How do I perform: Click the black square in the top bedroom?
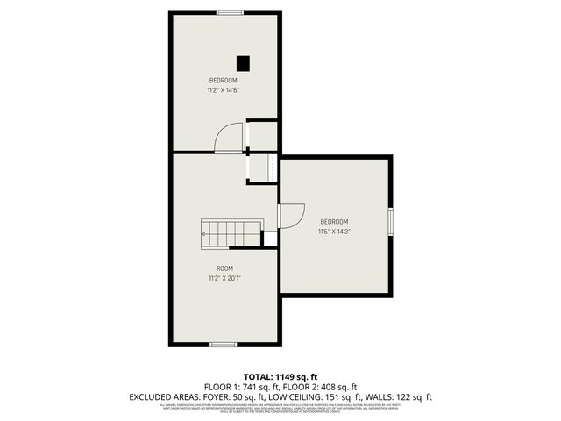point(244,62)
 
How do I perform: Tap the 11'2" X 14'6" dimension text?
point(223,89)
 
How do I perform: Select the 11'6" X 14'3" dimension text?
point(334,232)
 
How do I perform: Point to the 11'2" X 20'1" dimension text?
point(224,278)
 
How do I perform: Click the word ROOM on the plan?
point(224,268)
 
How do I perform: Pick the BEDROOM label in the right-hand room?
point(334,221)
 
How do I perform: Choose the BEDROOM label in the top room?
point(223,80)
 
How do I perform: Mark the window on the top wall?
point(231,12)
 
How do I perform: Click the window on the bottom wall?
point(223,345)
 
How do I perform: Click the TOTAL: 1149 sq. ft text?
point(280,375)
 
